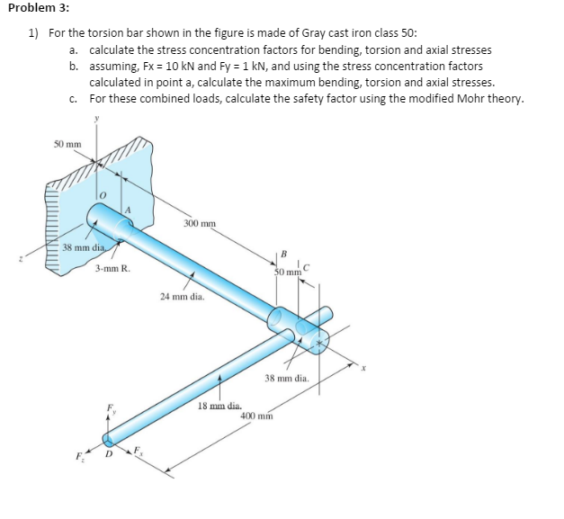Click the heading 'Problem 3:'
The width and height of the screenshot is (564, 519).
(x=32, y=8)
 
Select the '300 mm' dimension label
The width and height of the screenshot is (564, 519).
(x=198, y=223)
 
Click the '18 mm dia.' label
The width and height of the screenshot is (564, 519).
(x=218, y=406)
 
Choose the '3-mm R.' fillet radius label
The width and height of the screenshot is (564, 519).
(x=112, y=268)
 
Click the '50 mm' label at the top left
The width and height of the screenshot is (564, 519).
(x=67, y=144)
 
